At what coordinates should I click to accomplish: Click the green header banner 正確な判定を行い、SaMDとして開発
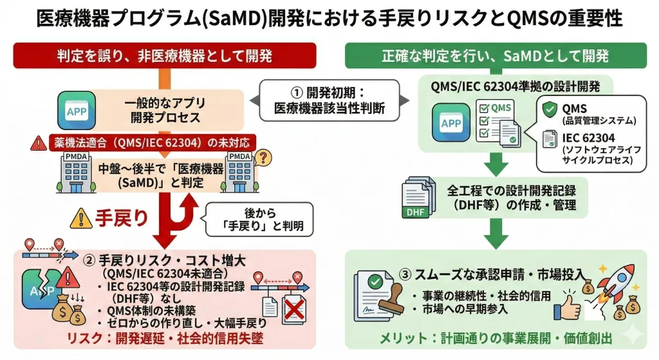(494, 55)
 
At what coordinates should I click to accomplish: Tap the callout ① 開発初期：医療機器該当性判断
(329, 100)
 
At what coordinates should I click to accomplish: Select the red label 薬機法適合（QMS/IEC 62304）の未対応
(151, 142)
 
